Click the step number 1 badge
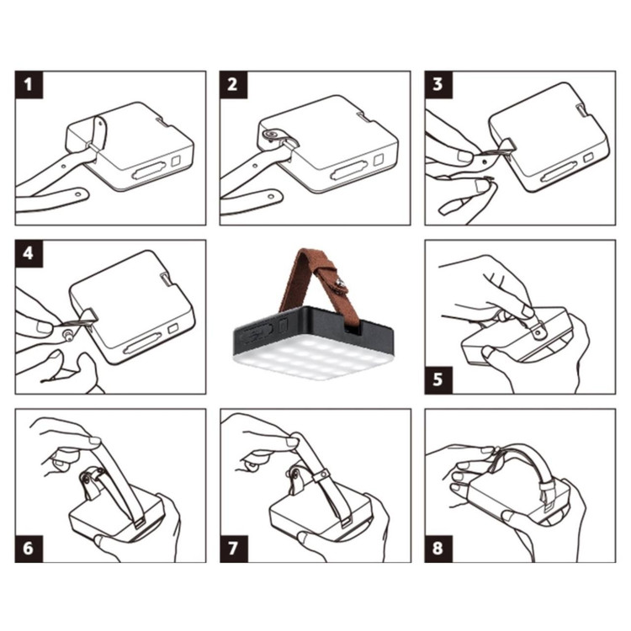click(29, 85)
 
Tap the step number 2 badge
click(233, 85)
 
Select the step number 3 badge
click(438, 85)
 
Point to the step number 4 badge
click(29, 254)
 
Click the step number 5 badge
click(438, 380)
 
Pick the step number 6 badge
click(29, 549)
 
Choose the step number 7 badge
click(234, 549)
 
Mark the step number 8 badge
click(438, 549)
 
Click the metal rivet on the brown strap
click(341, 284)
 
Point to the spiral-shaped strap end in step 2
click(270, 134)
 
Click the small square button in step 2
click(379, 160)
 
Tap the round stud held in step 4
click(67, 335)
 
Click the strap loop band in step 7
click(321, 475)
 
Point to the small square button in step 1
click(177, 162)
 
